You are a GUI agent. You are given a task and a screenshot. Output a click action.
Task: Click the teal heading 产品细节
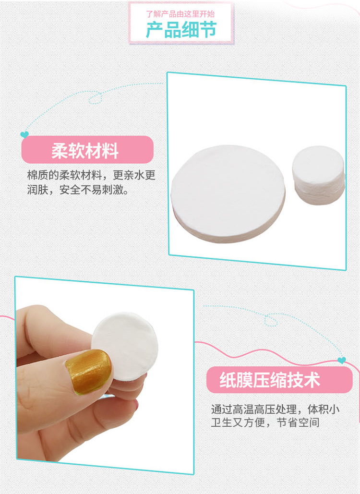pos(181,30)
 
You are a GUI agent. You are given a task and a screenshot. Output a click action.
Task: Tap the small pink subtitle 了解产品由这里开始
pos(180,14)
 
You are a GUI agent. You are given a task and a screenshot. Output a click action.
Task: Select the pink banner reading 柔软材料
pos(87,150)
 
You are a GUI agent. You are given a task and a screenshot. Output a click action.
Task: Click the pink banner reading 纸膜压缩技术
pos(279,380)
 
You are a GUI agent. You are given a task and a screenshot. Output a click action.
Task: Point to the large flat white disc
pos(228,193)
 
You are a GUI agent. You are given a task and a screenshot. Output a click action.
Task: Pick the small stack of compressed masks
pos(318,175)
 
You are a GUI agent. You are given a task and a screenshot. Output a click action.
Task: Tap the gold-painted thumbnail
pos(89,371)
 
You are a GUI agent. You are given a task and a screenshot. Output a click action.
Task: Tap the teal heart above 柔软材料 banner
pos(24,135)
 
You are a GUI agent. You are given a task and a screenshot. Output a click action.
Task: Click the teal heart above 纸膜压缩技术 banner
pos(341,360)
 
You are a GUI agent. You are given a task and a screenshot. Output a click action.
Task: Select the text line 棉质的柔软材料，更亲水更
pos(91,175)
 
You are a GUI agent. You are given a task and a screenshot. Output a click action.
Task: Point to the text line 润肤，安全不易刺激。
pos(78,190)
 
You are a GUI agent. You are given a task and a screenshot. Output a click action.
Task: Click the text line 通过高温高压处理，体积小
pos(275,409)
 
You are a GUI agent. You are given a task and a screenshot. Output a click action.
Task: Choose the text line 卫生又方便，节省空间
pos(265,422)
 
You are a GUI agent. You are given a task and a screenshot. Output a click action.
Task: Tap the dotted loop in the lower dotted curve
pos(271,320)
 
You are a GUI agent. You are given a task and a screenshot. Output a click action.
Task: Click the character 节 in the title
pos(208,30)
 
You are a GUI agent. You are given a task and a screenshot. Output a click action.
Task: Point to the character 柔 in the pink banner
pos(60,150)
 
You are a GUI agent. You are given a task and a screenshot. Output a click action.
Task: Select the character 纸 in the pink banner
pos(228,380)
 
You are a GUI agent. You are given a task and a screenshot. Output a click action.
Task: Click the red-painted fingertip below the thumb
pos(136,405)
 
